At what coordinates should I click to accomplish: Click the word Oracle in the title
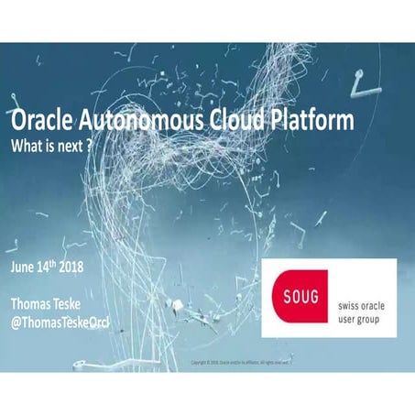[41, 123]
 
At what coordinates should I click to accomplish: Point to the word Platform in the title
[309, 123]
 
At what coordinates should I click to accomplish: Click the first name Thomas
[33, 304]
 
